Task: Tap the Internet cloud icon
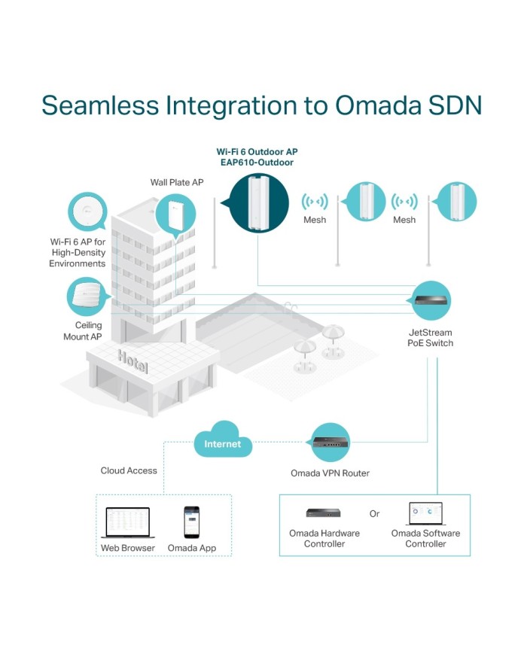(223, 443)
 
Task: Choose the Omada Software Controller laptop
(426, 513)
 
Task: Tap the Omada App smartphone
(192, 521)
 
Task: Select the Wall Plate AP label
(178, 183)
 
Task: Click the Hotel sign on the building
(133, 361)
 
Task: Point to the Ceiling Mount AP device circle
(89, 299)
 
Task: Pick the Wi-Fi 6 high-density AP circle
(88, 211)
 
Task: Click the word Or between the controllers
(375, 514)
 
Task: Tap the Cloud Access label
(129, 470)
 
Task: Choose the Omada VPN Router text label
(330, 473)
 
